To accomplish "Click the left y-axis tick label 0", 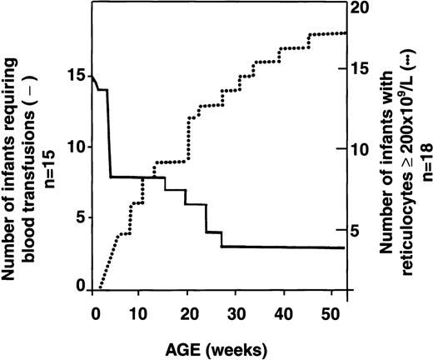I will click(82, 286).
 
